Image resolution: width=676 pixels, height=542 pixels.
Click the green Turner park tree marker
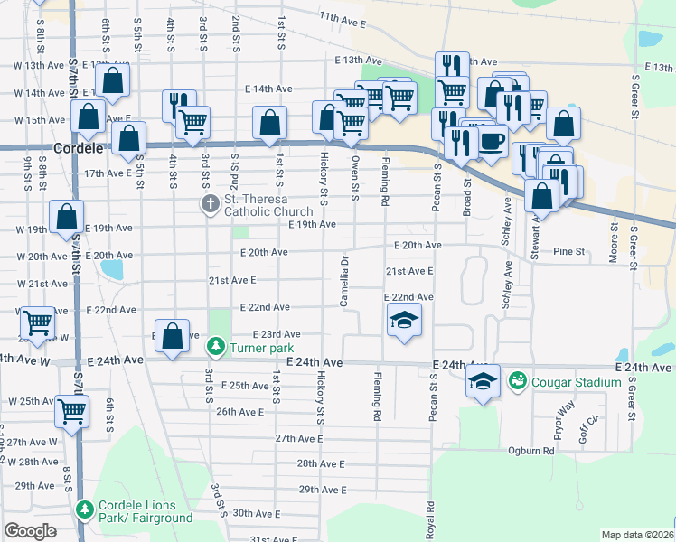[x=216, y=345]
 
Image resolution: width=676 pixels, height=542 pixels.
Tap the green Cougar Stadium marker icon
[x=518, y=382]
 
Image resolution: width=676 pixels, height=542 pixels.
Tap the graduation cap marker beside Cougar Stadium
[x=484, y=383]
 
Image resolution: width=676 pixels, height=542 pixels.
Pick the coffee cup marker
[x=492, y=143]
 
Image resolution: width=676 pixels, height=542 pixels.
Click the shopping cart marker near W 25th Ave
[x=71, y=411]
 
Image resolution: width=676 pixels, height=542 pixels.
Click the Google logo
[x=30, y=531]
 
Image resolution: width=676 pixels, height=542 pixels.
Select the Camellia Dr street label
[x=344, y=280]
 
